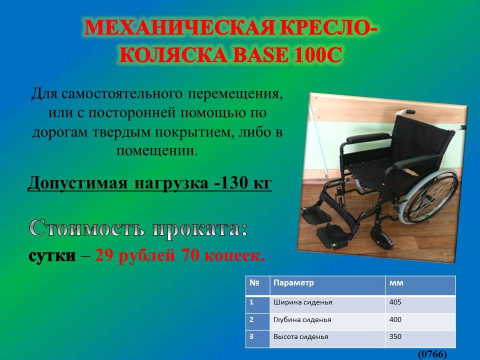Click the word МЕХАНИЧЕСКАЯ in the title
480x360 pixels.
[x=179, y=27]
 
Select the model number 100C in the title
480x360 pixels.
[x=317, y=55]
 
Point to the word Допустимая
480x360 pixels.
[x=77, y=183]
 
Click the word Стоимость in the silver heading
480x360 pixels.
[x=86, y=228]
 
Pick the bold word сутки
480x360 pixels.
[x=52, y=255]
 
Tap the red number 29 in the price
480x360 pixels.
[x=104, y=255]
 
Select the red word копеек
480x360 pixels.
[x=234, y=255]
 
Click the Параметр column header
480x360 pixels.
[x=293, y=282]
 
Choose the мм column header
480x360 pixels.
[x=396, y=283]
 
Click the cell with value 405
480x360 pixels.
[x=395, y=302]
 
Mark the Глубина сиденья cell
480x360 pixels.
[x=302, y=320]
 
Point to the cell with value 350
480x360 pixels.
[x=395, y=336]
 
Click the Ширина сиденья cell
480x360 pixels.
[x=303, y=302]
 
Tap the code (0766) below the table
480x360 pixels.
[x=432, y=354]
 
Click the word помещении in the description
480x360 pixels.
[x=156, y=150]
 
